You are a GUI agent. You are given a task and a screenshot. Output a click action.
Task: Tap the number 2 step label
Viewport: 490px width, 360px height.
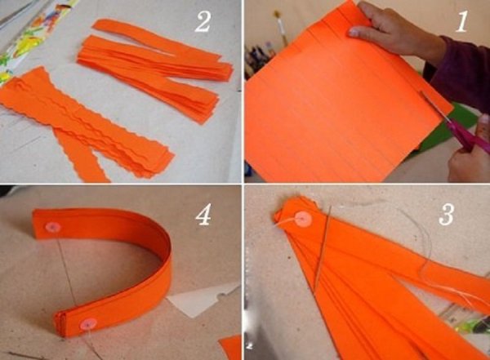(203, 22)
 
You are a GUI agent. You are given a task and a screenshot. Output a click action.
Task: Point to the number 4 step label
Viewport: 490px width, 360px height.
(203, 215)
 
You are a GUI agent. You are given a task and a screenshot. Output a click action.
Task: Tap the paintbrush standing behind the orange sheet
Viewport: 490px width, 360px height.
(281, 28)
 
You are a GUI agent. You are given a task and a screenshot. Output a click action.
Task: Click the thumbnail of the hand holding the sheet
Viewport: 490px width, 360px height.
(354, 32)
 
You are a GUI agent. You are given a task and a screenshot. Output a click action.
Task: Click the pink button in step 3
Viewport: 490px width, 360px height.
(302, 219)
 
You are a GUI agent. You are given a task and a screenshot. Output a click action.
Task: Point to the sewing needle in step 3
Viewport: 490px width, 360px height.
(322, 247)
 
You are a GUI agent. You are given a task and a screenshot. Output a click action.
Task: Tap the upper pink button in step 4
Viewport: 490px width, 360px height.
(52, 227)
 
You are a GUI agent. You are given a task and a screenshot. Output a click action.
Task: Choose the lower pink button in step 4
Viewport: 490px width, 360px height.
(87, 325)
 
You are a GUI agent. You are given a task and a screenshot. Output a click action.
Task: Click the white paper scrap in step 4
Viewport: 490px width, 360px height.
(200, 300)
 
